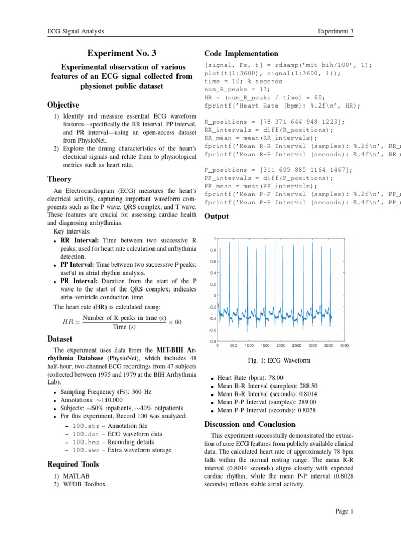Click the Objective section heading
pyautogui.click(x=64, y=105)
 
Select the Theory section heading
pyautogui.click(x=59, y=179)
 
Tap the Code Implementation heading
pyautogui.click(x=241, y=54)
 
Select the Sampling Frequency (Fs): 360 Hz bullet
pyautogui.click(x=98, y=391)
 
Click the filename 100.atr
pyautogui.click(x=84, y=426)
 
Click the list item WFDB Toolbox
pyautogui.click(x=84, y=484)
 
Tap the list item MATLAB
pyautogui.click(x=75, y=476)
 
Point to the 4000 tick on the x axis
pyautogui.click(x=345, y=345)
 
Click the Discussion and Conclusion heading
pyautogui.click(x=250, y=424)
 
